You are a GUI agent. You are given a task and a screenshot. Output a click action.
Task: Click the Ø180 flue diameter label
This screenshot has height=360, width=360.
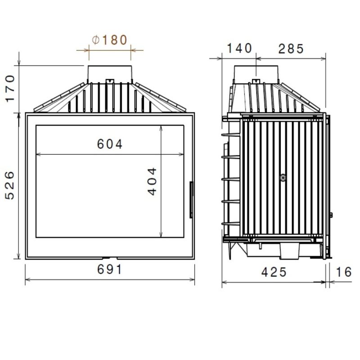click(x=109, y=40)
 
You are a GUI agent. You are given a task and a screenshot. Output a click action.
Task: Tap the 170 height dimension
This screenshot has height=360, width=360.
click(x=10, y=88)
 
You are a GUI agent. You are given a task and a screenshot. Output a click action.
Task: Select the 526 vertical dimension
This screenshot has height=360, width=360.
click(x=10, y=185)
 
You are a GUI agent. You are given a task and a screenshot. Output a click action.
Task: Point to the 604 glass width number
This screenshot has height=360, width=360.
click(x=110, y=144)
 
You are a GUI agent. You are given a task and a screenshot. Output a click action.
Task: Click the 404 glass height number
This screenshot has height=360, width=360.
click(x=152, y=181)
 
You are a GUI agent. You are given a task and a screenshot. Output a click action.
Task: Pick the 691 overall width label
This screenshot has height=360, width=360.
click(x=109, y=269)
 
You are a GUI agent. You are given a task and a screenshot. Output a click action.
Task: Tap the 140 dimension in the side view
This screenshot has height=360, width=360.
click(x=239, y=48)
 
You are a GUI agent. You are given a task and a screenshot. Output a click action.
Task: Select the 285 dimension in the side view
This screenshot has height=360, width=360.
click(x=291, y=49)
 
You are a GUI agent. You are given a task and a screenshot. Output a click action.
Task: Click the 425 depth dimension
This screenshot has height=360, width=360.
click(x=274, y=272)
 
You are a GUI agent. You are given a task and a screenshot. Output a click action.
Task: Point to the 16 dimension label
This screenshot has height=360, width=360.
click(x=344, y=272)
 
